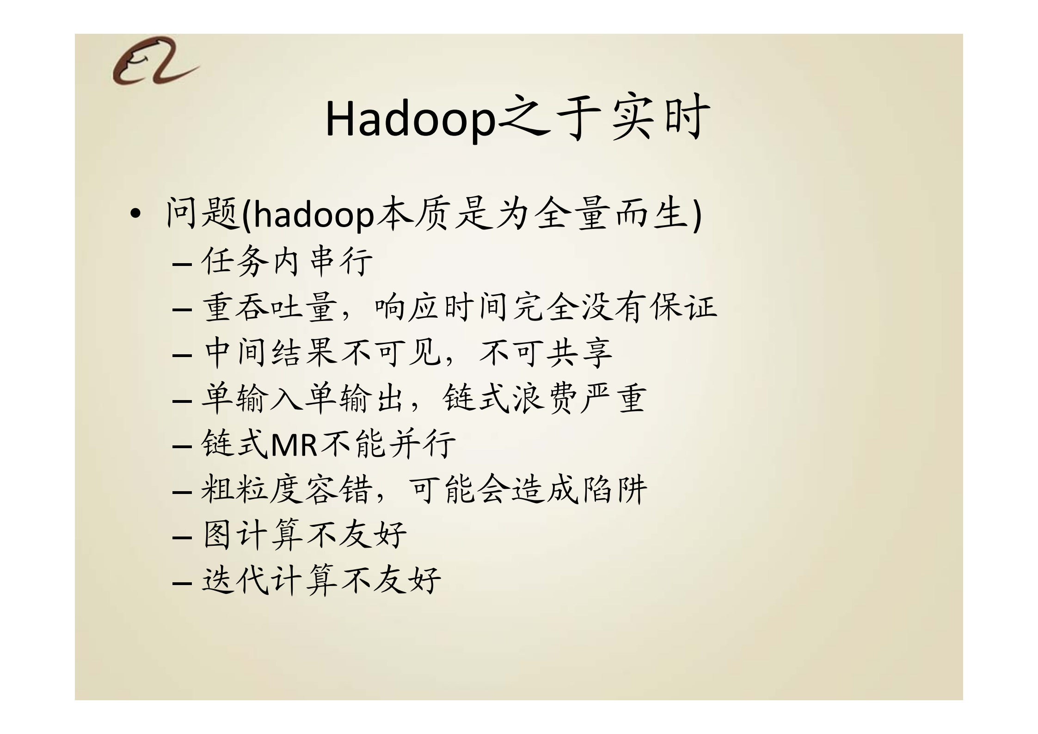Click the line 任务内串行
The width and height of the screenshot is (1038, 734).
pyautogui.click(x=287, y=262)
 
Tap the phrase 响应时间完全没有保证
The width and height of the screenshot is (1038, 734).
pyautogui.click(x=546, y=308)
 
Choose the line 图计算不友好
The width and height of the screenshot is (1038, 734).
pyautogui.click(x=304, y=535)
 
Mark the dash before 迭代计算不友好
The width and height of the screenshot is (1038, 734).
pyautogui.click(x=181, y=582)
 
